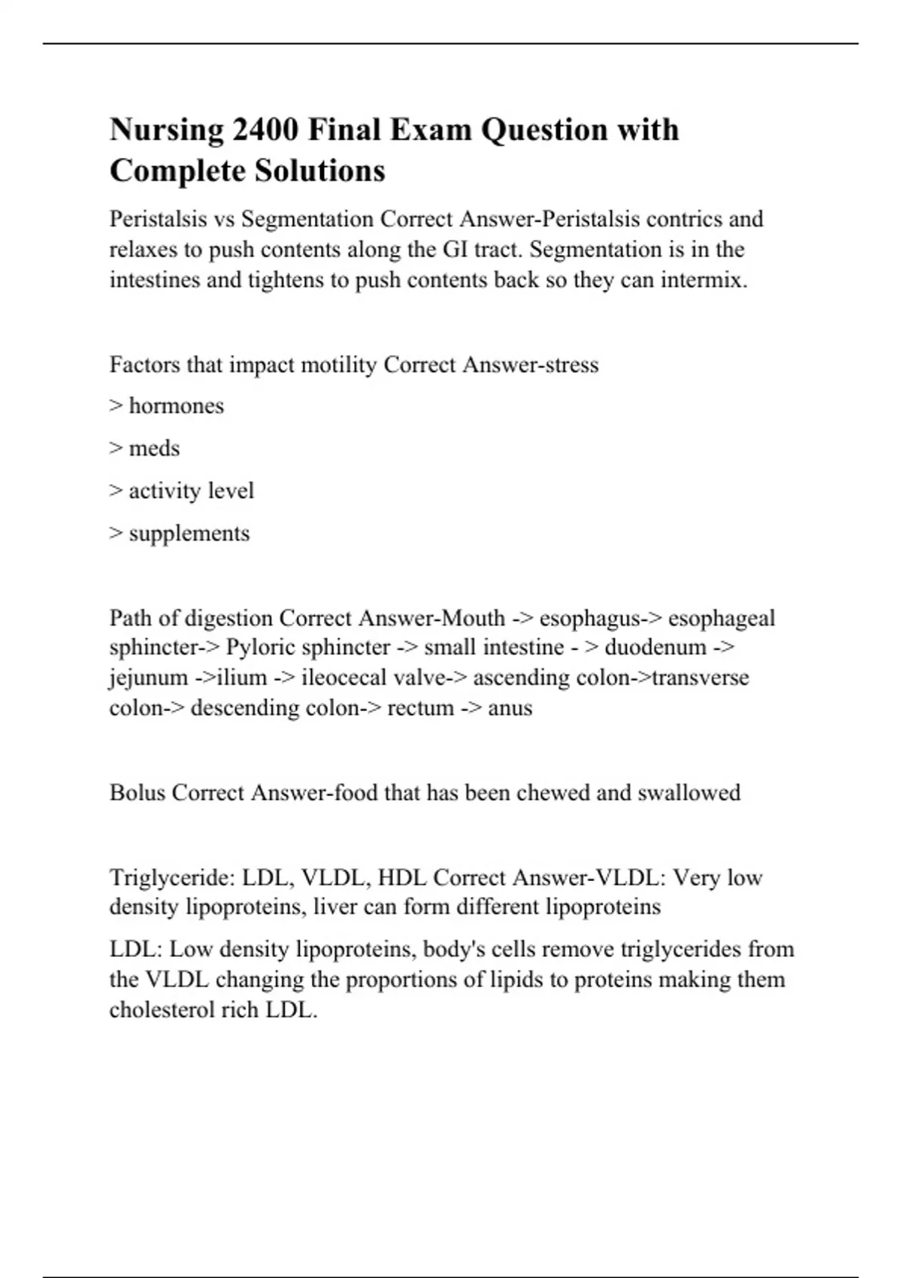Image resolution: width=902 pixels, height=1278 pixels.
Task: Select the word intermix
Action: pos(704,280)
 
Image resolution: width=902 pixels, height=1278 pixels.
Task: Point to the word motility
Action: pos(338,365)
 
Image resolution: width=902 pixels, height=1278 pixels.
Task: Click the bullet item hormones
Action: pos(177,406)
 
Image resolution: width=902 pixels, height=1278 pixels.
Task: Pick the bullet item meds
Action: pos(155,448)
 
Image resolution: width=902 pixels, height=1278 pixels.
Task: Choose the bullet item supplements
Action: pos(189,534)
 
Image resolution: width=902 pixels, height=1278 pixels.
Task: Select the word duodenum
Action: pos(655,647)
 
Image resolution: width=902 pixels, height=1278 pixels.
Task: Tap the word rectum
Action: pos(420,708)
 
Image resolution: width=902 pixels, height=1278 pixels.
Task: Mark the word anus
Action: pos(510,708)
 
